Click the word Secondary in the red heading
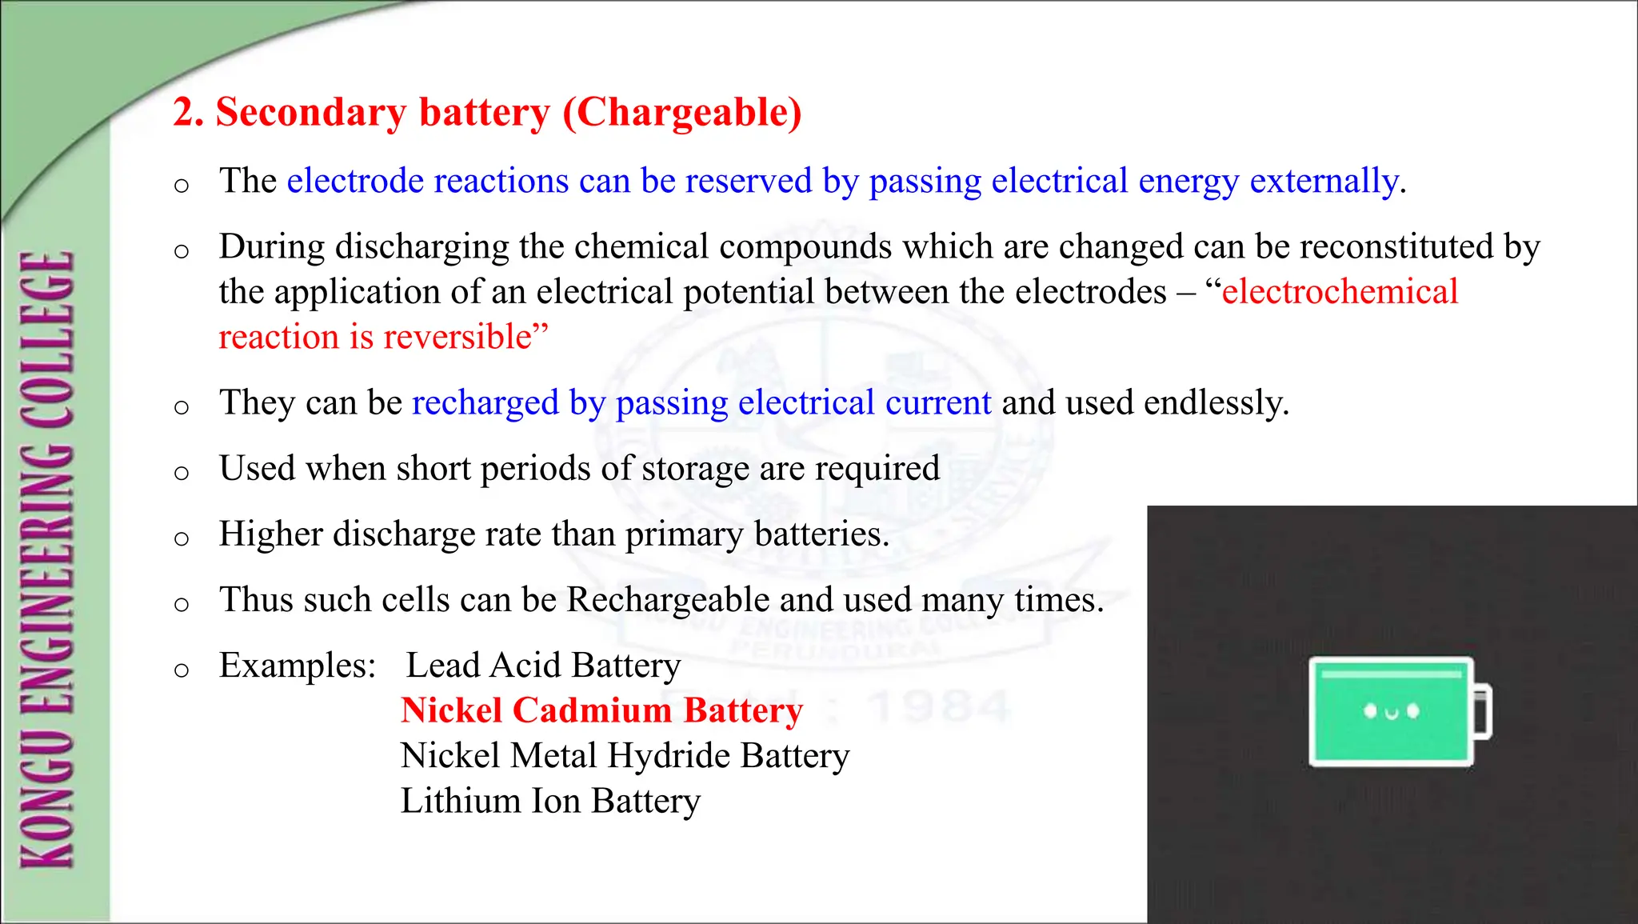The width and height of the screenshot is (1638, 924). (x=311, y=113)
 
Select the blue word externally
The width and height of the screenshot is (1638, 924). (x=1324, y=182)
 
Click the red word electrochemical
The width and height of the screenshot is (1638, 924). (x=1340, y=292)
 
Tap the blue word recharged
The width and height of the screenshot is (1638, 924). (x=485, y=403)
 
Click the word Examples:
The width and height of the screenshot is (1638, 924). (x=298, y=666)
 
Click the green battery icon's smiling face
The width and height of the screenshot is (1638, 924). (x=1391, y=711)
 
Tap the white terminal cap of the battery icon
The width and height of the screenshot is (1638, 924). (x=1483, y=711)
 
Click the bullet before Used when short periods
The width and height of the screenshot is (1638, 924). (x=182, y=472)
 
